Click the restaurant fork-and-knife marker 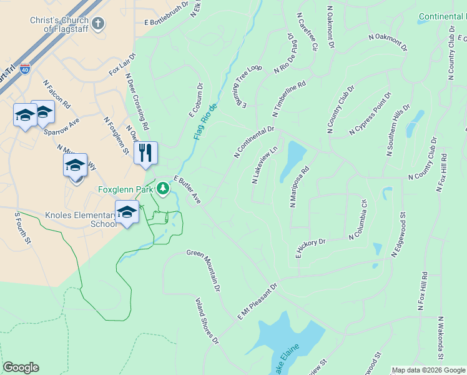(145, 152)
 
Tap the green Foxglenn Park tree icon (163, 187)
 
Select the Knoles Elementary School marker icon (127, 212)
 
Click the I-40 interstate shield (25, 69)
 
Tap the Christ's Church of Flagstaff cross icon (97, 24)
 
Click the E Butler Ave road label (187, 189)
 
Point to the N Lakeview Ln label (264, 166)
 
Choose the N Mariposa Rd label (300, 187)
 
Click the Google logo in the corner (21, 367)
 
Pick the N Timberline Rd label (289, 99)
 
